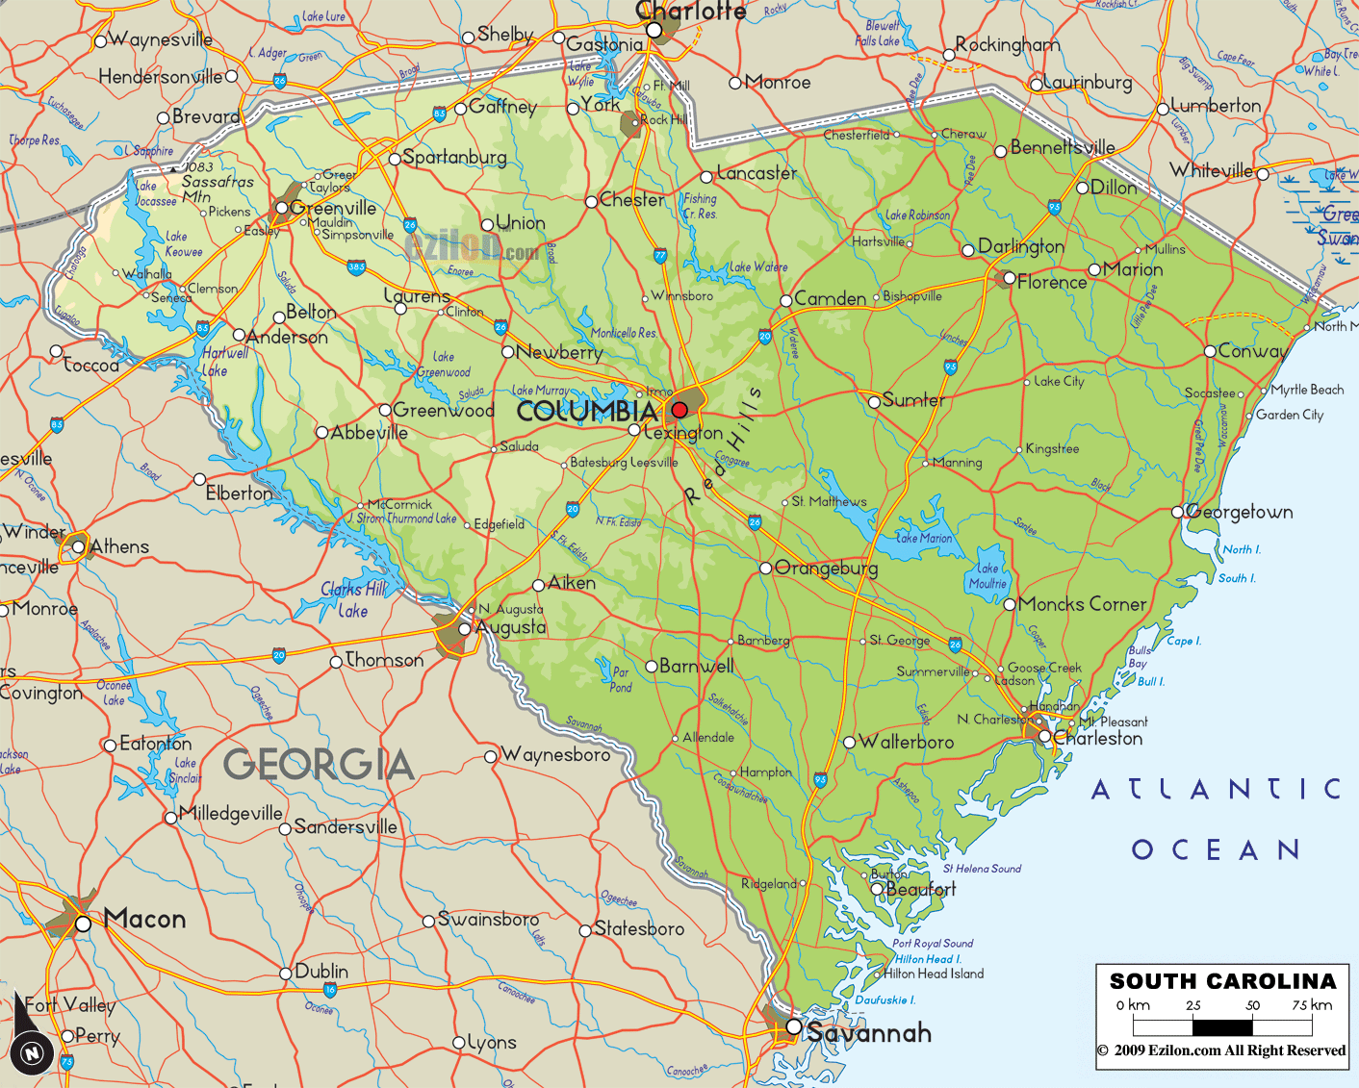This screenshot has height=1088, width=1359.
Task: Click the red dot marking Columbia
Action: (679, 410)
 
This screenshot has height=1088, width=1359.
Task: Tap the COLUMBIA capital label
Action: (587, 412)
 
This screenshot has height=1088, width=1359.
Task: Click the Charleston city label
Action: (1098, 739)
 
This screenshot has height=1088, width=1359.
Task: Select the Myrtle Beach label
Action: (1307, 390)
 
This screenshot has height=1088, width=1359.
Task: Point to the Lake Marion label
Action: (924, 539)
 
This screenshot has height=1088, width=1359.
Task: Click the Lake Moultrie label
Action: (987, 575)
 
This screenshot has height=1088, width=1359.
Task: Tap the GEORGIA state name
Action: (319, 765)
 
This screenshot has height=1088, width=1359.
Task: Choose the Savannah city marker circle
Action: (794, 1026)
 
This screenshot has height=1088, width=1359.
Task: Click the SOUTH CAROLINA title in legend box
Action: (1222, 981)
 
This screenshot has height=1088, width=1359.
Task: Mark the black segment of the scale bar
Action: (1222, 1026)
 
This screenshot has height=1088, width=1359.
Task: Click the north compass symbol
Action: (32, 1051)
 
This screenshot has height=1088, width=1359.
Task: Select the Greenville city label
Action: (333, 208)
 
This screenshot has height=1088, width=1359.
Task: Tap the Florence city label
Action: (1052, 282)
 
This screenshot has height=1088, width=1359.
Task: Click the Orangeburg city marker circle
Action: (766, 568)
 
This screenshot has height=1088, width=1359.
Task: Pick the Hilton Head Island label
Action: (935, 974)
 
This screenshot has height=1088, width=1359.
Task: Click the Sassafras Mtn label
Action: (216, 189)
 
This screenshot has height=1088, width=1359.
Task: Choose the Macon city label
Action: (144, 920)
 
